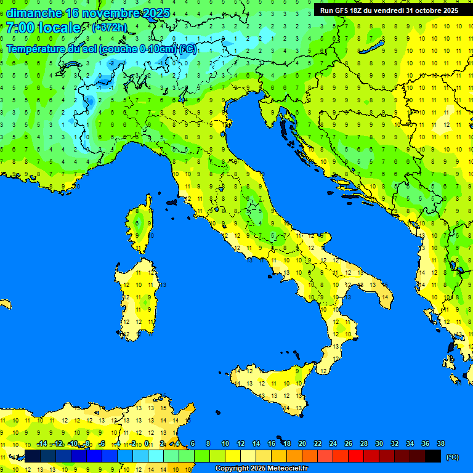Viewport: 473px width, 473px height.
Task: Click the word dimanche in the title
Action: point(33,13)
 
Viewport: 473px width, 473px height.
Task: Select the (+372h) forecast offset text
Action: point(109,28)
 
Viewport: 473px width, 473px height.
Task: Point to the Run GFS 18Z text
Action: point(344,10)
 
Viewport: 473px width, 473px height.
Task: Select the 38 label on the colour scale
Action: point(440,444)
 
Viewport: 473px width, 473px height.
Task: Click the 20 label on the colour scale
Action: point(302,444)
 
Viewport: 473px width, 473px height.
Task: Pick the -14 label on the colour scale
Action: point(42,444)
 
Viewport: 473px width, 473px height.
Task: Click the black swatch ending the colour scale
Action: point(433,456)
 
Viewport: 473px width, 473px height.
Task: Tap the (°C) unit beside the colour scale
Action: point(452,456)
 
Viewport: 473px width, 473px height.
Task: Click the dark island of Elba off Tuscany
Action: point(171,201)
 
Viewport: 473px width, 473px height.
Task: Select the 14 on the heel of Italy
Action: point(384,297)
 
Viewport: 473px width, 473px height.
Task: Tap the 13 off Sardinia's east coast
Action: point(164,285)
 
